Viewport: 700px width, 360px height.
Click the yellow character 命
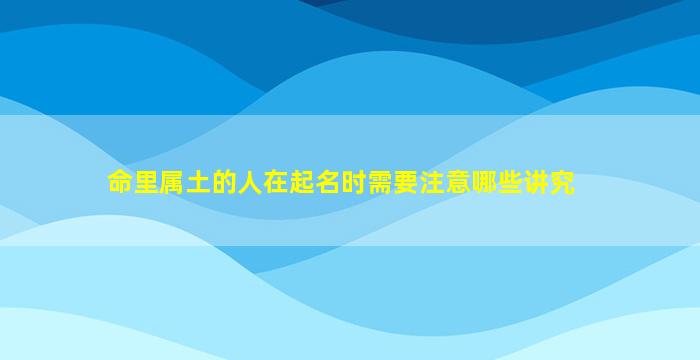coord(121,182)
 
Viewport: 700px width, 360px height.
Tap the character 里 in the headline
coord(146,182)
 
